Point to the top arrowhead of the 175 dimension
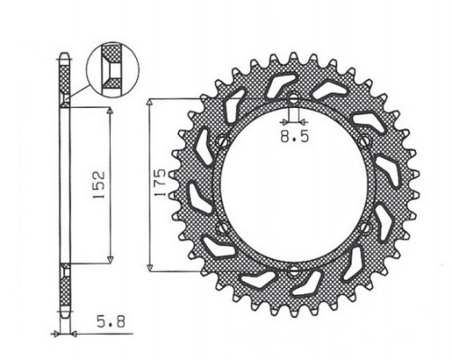tap(154, 97)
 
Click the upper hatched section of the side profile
tap(64, 81)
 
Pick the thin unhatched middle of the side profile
tap(64, 184)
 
